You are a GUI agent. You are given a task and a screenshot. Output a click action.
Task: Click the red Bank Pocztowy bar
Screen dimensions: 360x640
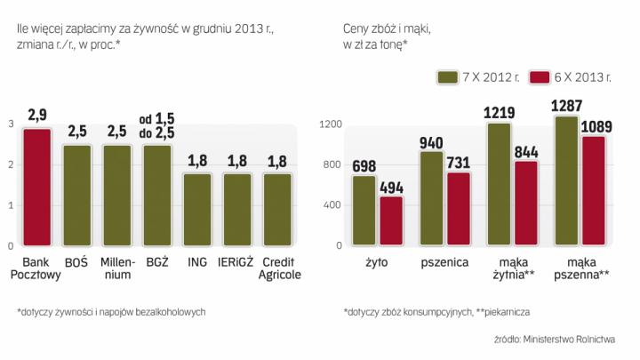tap(37, 187)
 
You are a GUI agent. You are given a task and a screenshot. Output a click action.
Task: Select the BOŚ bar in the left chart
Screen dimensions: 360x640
tap(77, 195)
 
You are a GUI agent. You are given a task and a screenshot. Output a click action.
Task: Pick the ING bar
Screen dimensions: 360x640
tap(198, 209)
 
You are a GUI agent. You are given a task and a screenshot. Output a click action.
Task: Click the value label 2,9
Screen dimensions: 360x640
tap(37, 115)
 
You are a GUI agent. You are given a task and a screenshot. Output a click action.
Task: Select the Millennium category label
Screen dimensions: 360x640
tap(117, 268)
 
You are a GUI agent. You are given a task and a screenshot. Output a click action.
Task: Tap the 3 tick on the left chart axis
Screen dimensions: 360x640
tap(10, 124)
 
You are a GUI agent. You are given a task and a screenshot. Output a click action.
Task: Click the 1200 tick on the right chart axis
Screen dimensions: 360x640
tap(331, 124)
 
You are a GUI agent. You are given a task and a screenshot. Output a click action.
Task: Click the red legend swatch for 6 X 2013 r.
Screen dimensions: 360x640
tap(540, 78)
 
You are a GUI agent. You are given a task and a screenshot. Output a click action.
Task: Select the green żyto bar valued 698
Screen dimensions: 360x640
tap(364, 210)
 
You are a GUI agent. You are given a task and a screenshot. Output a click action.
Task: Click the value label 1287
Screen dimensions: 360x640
tap(566, 105)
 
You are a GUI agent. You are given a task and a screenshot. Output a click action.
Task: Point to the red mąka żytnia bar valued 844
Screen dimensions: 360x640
tap(526, 203)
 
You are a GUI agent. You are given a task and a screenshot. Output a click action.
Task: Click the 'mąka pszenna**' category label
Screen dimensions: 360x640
tap(580, 268)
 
